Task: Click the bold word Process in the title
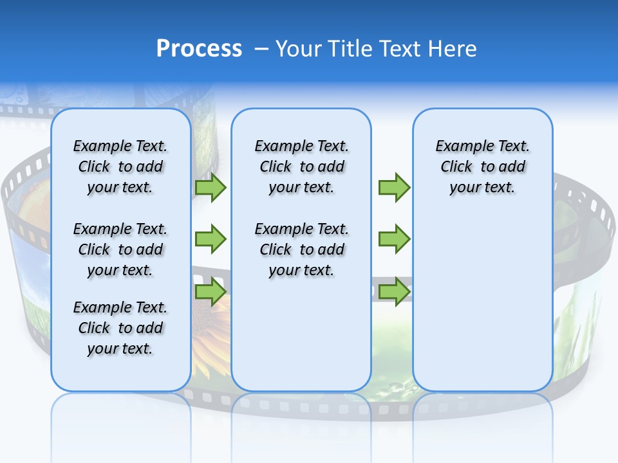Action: point(199,49)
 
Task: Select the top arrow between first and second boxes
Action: point(211,187)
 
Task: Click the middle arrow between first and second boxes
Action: point(211,239)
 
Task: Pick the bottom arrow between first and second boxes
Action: point(211,291)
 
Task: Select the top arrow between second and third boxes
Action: point(394,187)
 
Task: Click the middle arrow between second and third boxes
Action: point(394,239)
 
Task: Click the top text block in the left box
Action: point(120,167)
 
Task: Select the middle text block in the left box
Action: point(120,250)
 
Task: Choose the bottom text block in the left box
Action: point(120,328)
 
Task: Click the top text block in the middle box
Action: point(301,167)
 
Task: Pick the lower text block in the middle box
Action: point(301,250)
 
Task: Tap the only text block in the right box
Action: point(482,167)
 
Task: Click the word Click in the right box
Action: point(456,167)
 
